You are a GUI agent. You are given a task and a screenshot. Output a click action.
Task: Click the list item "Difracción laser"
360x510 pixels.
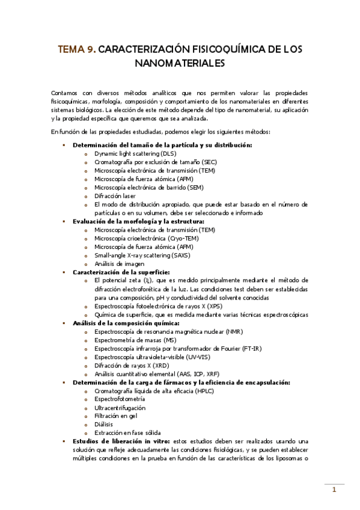[x=115, y=195]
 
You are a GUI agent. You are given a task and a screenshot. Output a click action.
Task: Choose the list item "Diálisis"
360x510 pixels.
[x=104, y=424]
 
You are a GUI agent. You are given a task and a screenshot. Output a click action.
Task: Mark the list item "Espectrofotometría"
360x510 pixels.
[x=120, y=399]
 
